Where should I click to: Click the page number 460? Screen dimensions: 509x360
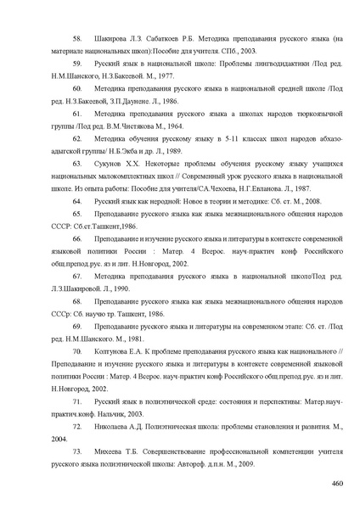[x=335, y=483]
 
